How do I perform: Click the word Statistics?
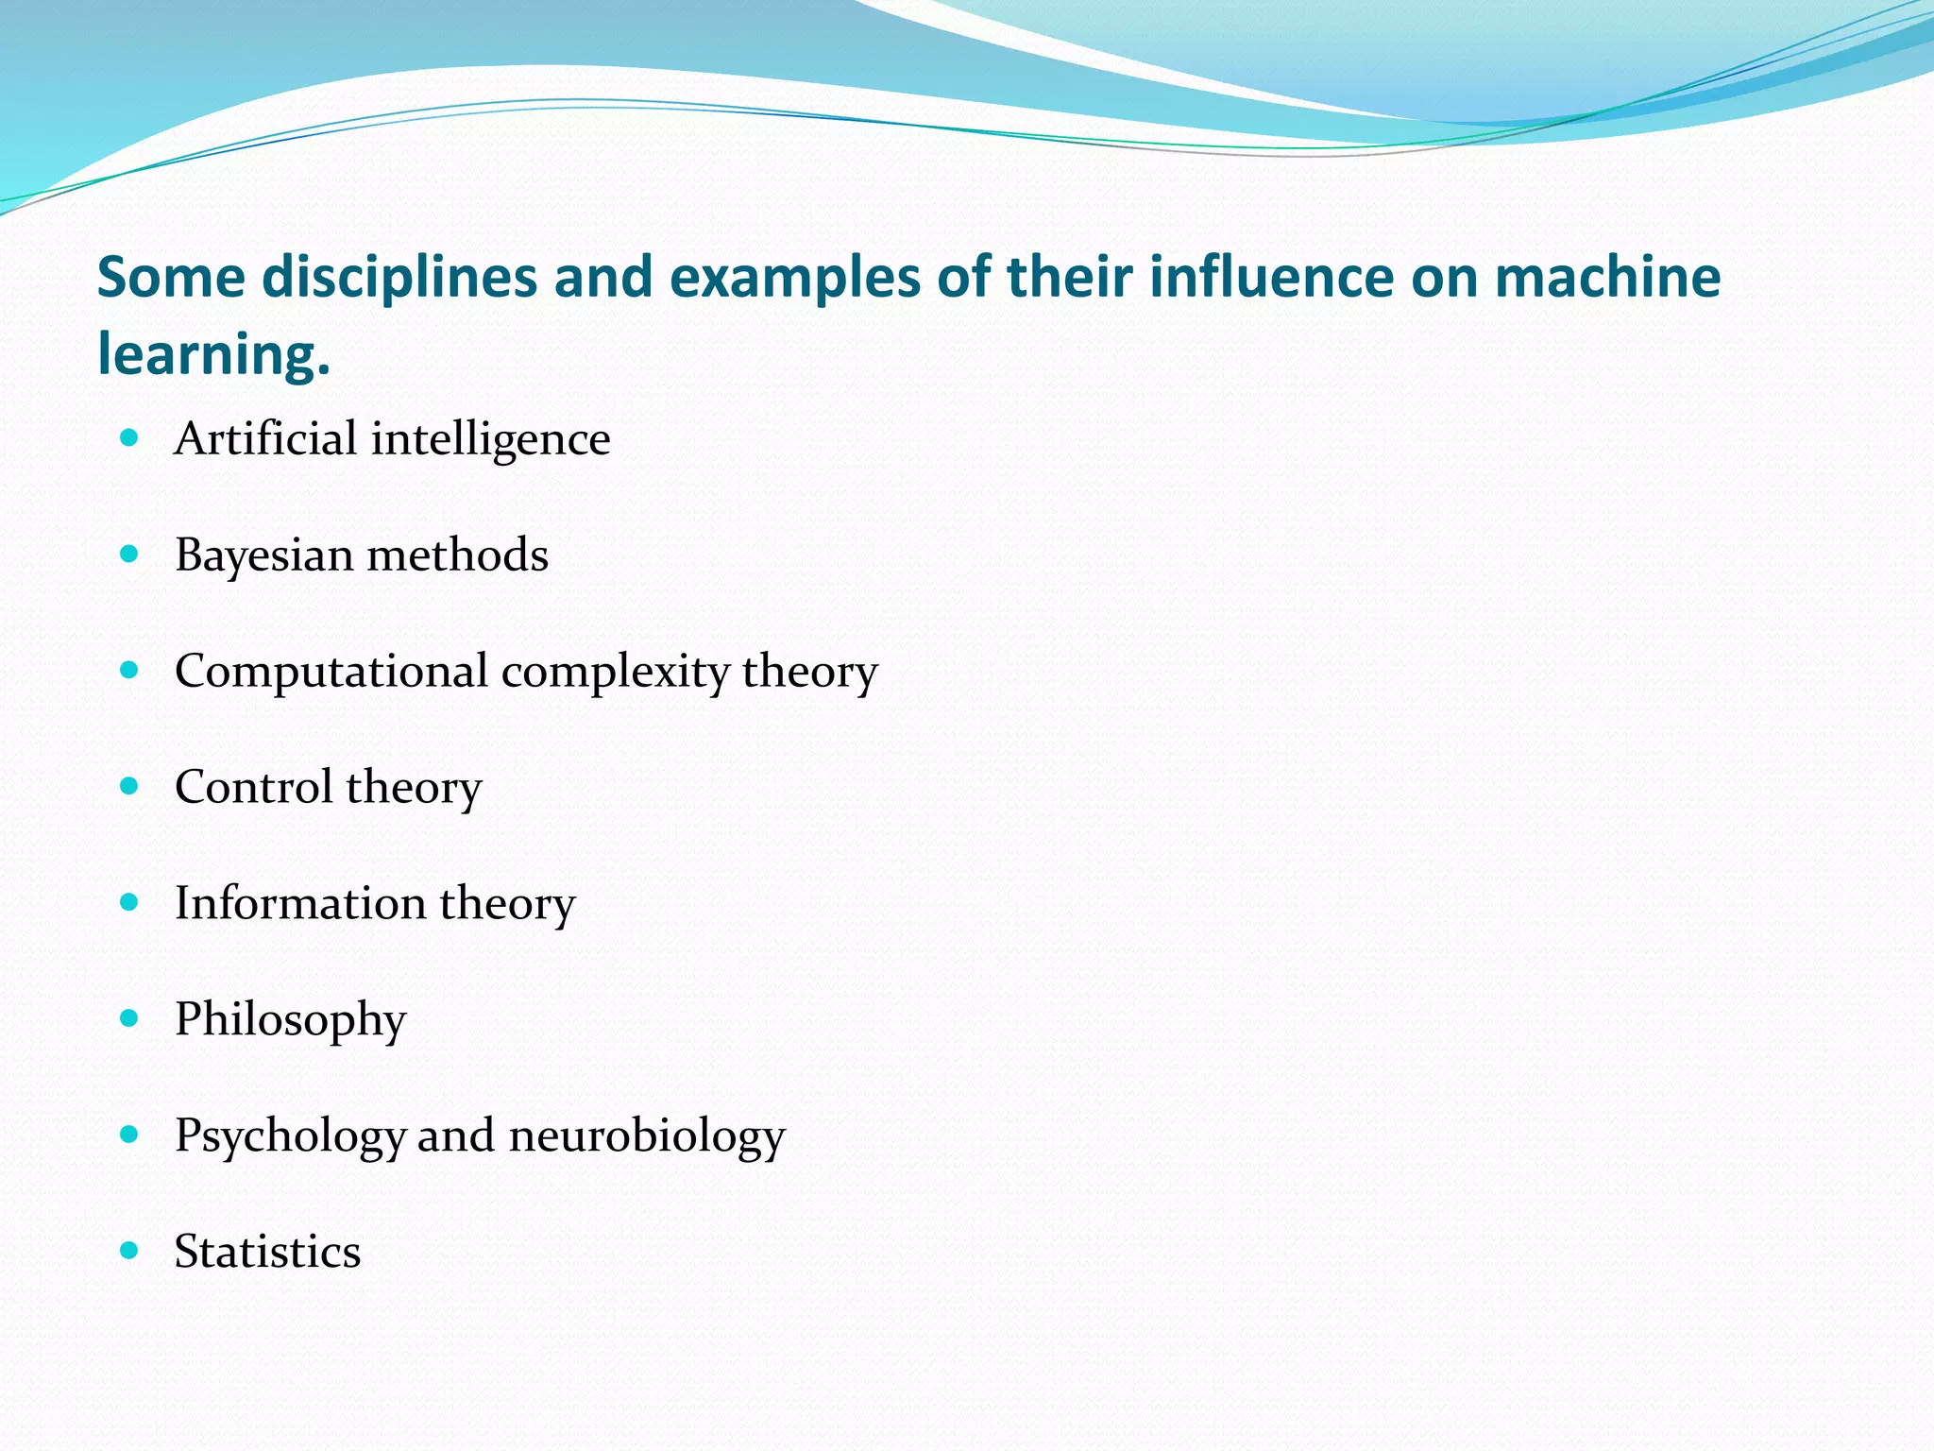[x=267, y=1252]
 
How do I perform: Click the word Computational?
[x=331, y=672]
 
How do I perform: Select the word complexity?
[x=615, y=672]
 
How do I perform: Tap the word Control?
[x=253, y=787]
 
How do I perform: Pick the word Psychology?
[x=290, y=1136]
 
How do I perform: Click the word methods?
[x=457, y=555]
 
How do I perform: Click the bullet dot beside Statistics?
[x=129, y=1251]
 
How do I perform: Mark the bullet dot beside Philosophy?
[x=129, y=1018]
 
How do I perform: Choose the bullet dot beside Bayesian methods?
[x=129, y=554]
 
